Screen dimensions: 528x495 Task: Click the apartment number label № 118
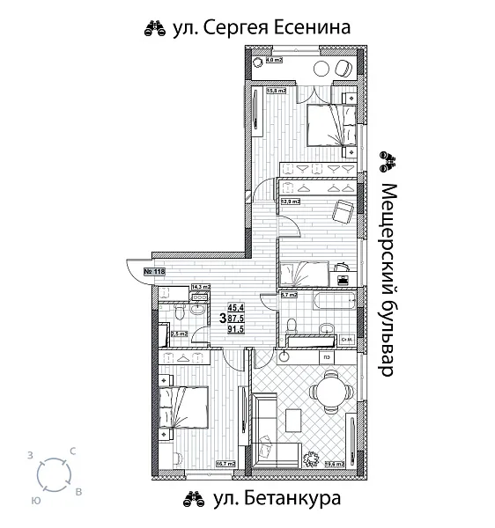[x=154, y=271]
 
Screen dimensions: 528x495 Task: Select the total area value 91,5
[x=235, y=329]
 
